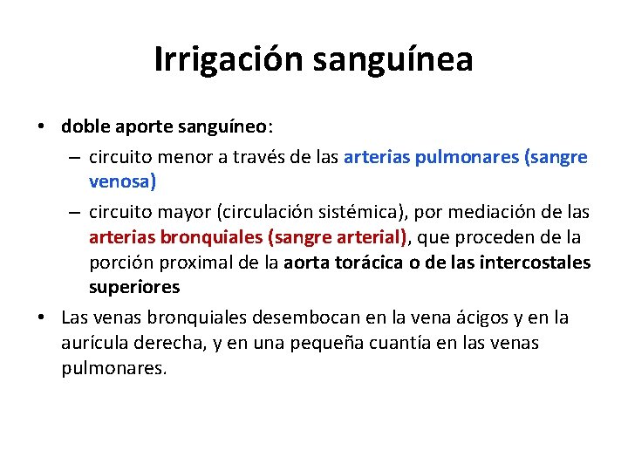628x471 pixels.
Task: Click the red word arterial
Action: [x=368, y=237]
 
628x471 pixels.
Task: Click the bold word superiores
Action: [x=134, y=287]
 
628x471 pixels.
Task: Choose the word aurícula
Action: [x=94, y=344]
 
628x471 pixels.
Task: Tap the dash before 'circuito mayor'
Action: [x=72, y=213]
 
